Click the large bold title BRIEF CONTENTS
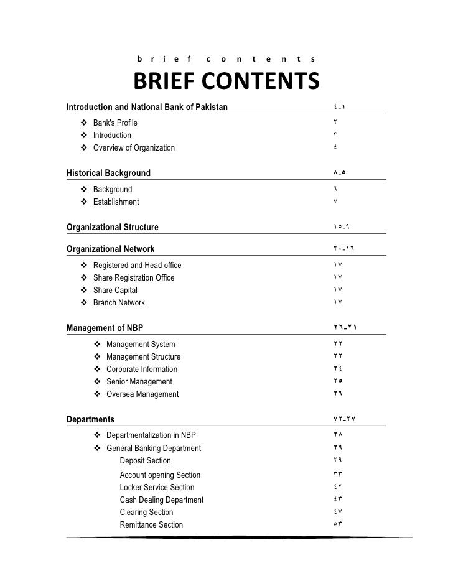(226, 81)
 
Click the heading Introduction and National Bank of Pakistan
(147, 107)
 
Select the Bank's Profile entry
(115, 123)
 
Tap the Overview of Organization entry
(134, 148)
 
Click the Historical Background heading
(108, 173)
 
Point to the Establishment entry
(116, 202)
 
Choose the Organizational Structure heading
(112, 227)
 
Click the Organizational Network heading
(110, 249)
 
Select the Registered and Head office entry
(137, 265)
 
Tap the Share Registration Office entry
(134, 277)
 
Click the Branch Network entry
(119, 302)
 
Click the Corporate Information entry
(141, 369)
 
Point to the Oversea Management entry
(142, 394)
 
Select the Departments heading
(90, 419)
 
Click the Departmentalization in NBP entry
(155, 435)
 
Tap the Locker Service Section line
(157, 487)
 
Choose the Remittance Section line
(151, 524)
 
